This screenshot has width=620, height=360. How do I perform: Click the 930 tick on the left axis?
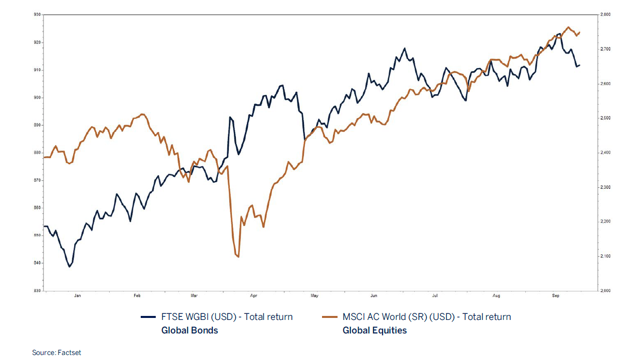click(x=37, y=15)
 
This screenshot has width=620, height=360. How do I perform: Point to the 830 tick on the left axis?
click(x=37, y=290)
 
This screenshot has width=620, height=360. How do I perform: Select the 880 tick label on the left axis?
click(x=37, y=153)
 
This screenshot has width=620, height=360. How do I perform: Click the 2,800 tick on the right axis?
click(x=604, y=15)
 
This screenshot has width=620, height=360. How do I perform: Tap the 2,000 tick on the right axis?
click(x=604, y=290)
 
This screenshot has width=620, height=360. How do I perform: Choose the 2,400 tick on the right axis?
click(x=604, y=153)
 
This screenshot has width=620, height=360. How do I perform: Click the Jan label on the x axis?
click(x=77, y=296)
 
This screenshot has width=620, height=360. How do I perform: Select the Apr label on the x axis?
click(x=253, y=296)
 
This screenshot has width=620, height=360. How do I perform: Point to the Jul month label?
click(x=436, y=296)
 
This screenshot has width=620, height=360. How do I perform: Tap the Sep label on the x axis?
click(x=555, y=296)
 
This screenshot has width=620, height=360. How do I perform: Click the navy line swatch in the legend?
click(x=149, y=317)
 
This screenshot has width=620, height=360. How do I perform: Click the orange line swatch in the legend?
click(x=330, y=317)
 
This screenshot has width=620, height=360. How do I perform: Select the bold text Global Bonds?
click(x=189, y=330)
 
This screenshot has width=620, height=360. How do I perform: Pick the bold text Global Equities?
click(x=375, y=330)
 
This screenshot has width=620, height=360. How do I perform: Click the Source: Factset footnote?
click(x=57, y=353)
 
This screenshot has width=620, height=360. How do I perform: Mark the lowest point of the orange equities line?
click(x=238, y=257)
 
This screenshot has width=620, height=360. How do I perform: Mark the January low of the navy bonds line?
click(x=70, y=266)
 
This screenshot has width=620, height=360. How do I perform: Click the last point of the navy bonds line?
click(x=579, y=65)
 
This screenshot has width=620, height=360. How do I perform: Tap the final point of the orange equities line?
click(x=579, y=33)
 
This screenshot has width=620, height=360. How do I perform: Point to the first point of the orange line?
click(x=45, y=157)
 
